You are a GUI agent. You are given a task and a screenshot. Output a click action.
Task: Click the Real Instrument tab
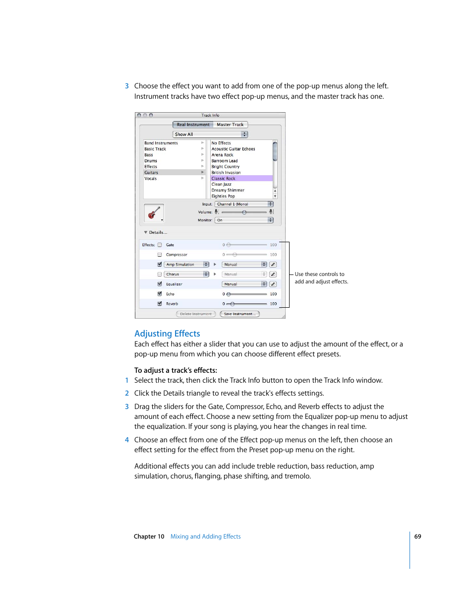click(193, 125)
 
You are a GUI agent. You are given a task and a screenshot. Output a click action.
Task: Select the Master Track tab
click(230, 125)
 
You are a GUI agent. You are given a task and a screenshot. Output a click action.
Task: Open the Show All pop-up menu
click(210, 135)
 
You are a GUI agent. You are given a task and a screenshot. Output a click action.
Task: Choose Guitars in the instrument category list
click(152, 173)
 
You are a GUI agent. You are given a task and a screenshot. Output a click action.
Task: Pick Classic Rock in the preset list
click(224, 179)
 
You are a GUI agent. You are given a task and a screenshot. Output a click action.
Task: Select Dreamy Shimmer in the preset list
click(228, 190)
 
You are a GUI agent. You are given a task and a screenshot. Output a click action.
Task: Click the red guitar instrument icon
click(154, 213)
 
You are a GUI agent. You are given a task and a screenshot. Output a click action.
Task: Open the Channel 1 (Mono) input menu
click(244, 204)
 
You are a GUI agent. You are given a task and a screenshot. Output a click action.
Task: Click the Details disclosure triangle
click(146, 232)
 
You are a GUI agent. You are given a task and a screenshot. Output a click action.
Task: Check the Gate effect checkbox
click(160, 245)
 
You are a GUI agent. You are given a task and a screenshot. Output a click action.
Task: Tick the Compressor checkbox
click(160, 255)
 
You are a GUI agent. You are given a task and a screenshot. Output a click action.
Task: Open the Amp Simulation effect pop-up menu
click(186, 265)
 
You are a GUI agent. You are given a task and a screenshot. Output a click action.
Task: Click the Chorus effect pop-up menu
click(186, 274)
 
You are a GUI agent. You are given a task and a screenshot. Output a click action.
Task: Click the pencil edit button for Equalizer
click(273, 284)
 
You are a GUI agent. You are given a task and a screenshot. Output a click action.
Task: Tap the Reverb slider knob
click(232, 304)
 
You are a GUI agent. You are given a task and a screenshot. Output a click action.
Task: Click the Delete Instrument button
click(196, 314)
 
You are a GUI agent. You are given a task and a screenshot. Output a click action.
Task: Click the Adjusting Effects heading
click(167, 334)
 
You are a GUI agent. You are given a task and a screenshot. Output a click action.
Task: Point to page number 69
click(417, 537)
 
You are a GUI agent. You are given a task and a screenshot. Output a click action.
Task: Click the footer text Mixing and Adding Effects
click(205, 537)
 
